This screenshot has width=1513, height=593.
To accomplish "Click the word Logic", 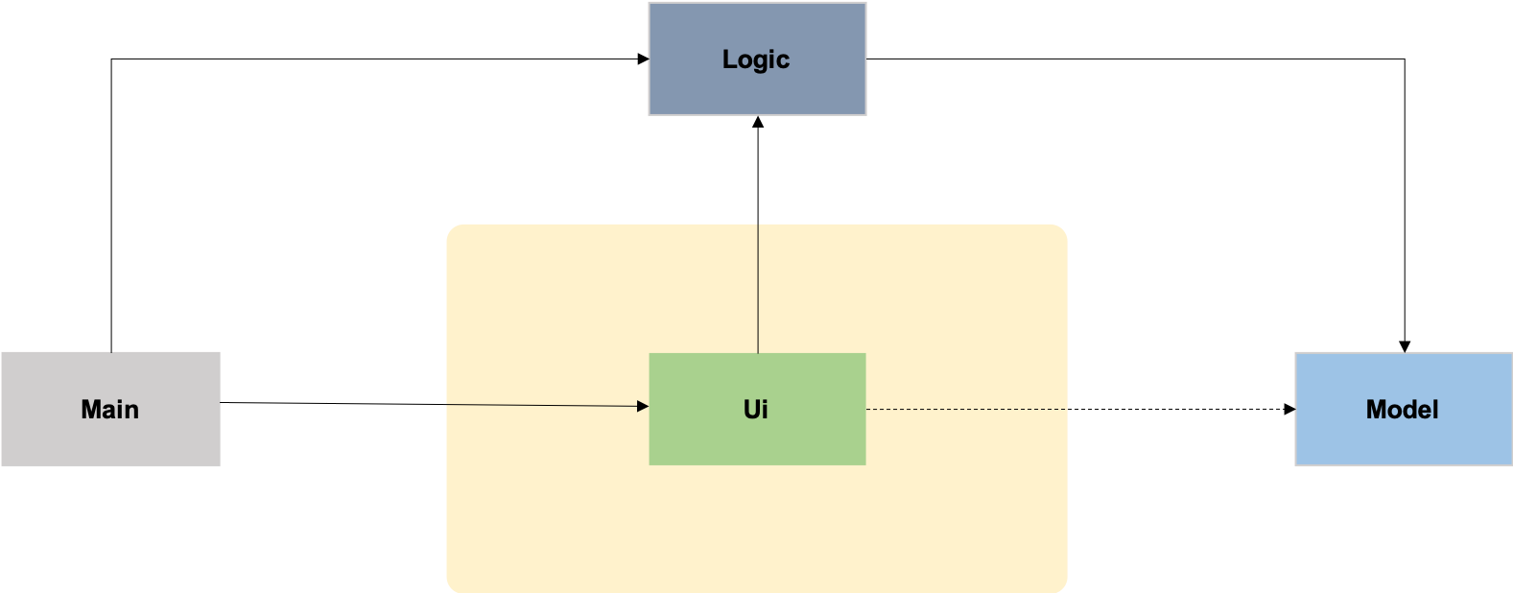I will pos(756,59).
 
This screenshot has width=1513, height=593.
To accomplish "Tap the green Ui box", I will pos(710,437).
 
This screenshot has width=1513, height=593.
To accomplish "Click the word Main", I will pos(109,410).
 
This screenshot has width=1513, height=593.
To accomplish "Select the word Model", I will pos(1402,410).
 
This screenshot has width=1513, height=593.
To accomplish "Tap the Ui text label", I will pos(756,410).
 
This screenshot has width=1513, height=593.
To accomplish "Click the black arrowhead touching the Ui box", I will pos(643,406).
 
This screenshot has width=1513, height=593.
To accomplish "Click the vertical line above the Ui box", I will pos(758,288).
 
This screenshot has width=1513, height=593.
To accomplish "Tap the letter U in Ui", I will pos(751,410).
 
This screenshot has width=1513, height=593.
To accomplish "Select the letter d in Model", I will pos(1405,410).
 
